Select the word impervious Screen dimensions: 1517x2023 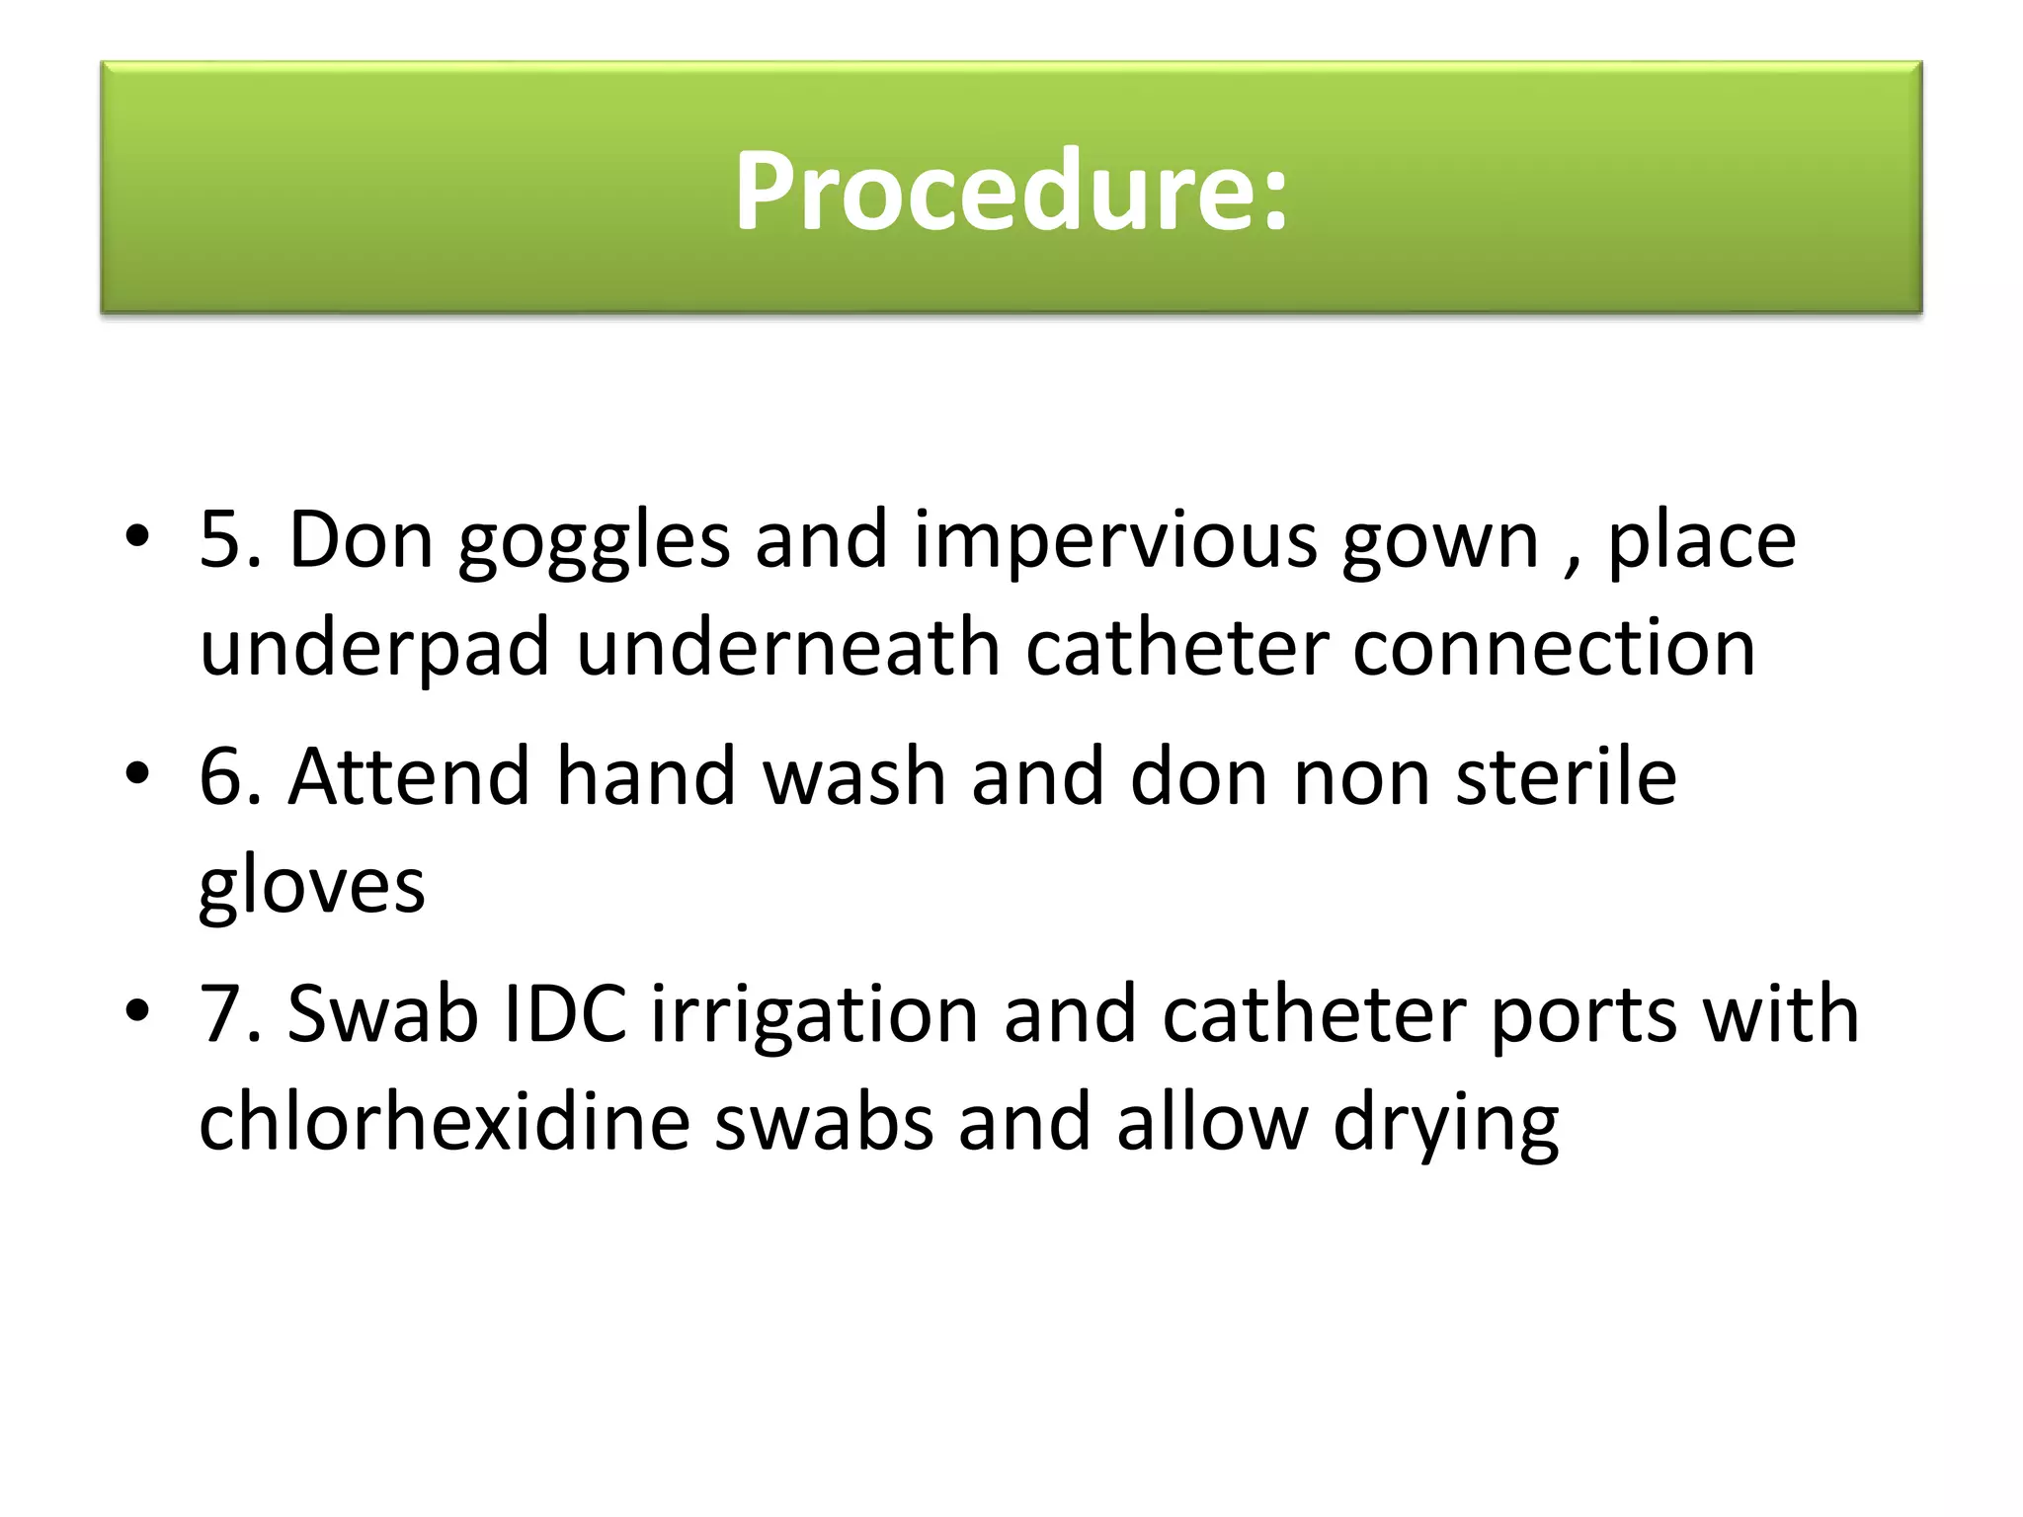pyautogui.click(x=1115, y=541)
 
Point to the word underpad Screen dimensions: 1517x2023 pyautogui.click(x=374, y=650)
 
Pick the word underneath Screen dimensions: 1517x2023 pyautogui.click(x=788, y=648)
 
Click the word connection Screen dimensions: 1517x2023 pyautogui.click(x=1554, y=648)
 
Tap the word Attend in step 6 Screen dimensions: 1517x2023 pyautogui.click(x=409, y=776)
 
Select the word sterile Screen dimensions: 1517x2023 pyautogui.click(x=1566, y=776)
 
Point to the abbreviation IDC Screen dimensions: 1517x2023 pyautogui.click(x=565, y=1014)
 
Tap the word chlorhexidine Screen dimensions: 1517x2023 pyautogui.click(x=444, y=1122)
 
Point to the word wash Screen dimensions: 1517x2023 pyautogui.click(x=853, y=776)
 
